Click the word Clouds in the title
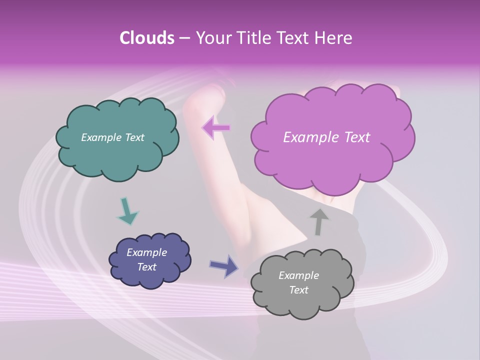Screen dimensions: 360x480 point(146,38)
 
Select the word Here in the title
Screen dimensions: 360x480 point(333,38)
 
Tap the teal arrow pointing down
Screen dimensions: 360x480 point(127,211)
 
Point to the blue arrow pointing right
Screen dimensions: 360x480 point(223,266)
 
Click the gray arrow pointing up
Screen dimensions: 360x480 point(319,221)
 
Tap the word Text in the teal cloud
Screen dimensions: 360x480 point(134,137)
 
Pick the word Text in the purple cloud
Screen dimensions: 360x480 point(356,137)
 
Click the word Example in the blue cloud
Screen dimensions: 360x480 point(146,252)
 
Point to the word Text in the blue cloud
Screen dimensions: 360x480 point(146,267)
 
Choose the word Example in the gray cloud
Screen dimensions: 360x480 point(298,275)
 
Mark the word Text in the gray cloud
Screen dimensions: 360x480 point(298,290)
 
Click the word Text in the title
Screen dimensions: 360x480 point(294,38)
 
